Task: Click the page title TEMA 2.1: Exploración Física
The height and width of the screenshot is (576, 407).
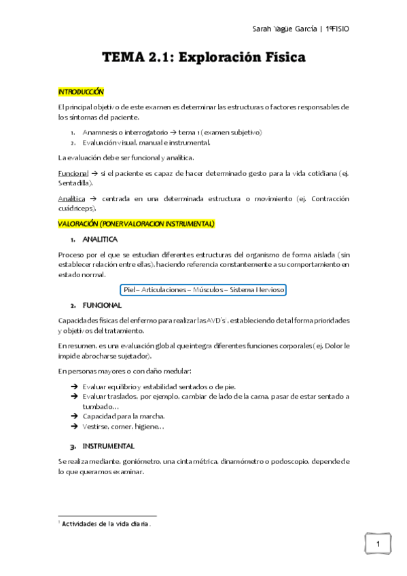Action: (204, 58)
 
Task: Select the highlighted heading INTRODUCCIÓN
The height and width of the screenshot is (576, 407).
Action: (81, 91)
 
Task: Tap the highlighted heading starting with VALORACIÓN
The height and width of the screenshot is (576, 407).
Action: (136, 223)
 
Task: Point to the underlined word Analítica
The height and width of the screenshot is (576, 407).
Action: (72, 198)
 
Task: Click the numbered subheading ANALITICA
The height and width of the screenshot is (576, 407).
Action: (100, 240)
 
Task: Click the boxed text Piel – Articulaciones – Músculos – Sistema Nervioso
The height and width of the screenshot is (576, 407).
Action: (204, 289)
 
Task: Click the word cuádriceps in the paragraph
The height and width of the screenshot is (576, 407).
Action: (77, 208)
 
